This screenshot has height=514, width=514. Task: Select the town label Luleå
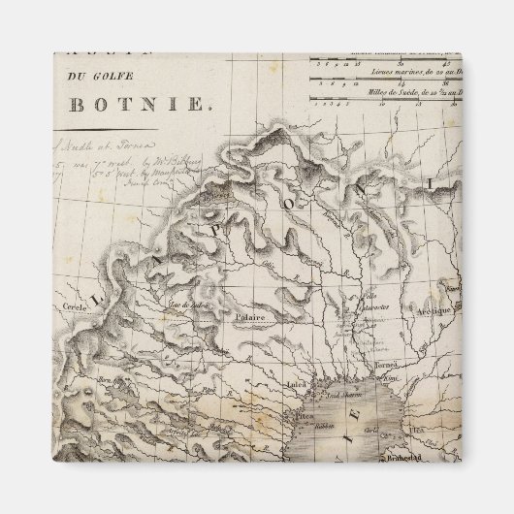(288, 382)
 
